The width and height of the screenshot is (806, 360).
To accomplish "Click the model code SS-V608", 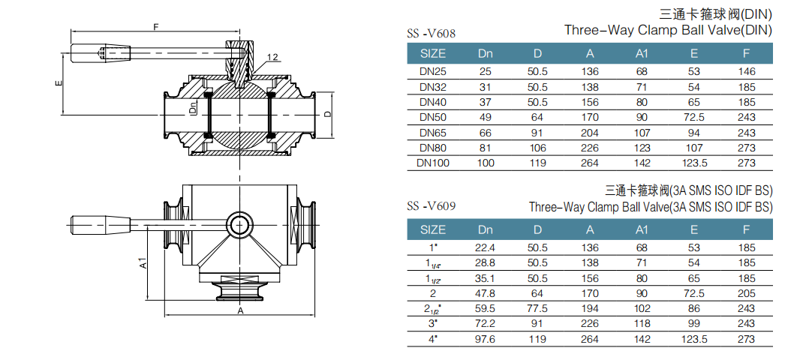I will (431, 33).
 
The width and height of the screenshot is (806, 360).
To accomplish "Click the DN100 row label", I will (433, 163).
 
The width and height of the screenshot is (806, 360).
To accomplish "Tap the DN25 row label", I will (433, 72).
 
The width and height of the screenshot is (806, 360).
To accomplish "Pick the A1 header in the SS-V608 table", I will (642, 53).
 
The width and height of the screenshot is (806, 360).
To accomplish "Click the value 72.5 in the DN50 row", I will (693, 117).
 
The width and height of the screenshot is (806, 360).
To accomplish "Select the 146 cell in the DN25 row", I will (746, 72).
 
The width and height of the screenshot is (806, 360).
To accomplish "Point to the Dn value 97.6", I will (486, 338).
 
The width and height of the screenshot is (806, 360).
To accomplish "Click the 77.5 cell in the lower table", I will (537, 308).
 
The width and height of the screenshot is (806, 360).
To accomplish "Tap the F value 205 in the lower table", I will (746, 293).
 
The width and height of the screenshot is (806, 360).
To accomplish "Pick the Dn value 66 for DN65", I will (486, 133).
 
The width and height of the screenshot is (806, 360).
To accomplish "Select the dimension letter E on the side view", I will (58, 83).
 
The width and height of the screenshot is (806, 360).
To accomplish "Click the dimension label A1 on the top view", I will (143, 264).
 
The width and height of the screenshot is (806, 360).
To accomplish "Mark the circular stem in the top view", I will (239, 223).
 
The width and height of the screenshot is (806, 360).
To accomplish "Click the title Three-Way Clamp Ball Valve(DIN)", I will (667, 31).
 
